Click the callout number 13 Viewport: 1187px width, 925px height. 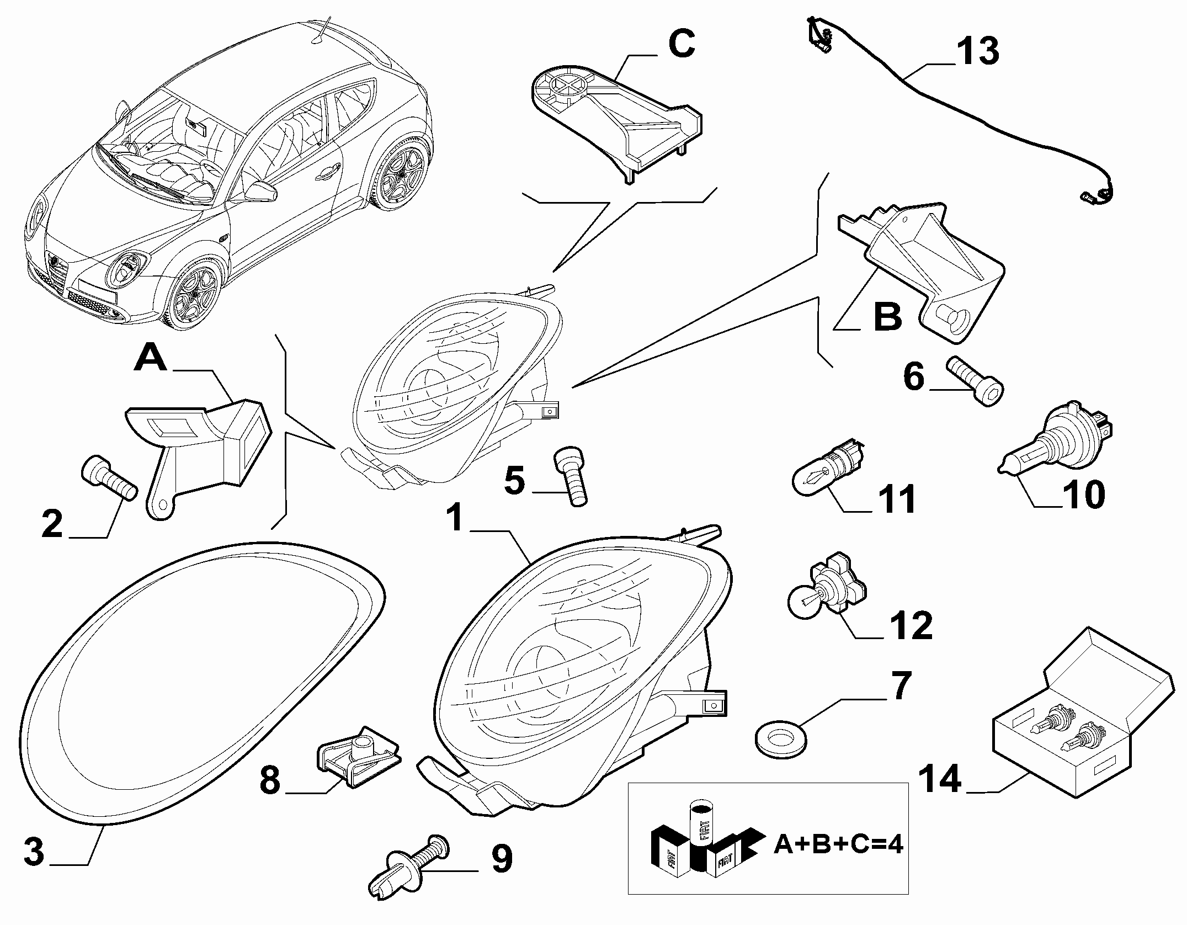click(977, 51)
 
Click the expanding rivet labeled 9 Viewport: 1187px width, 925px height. click(411, 871)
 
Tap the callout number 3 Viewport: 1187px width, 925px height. click(34, 851)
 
